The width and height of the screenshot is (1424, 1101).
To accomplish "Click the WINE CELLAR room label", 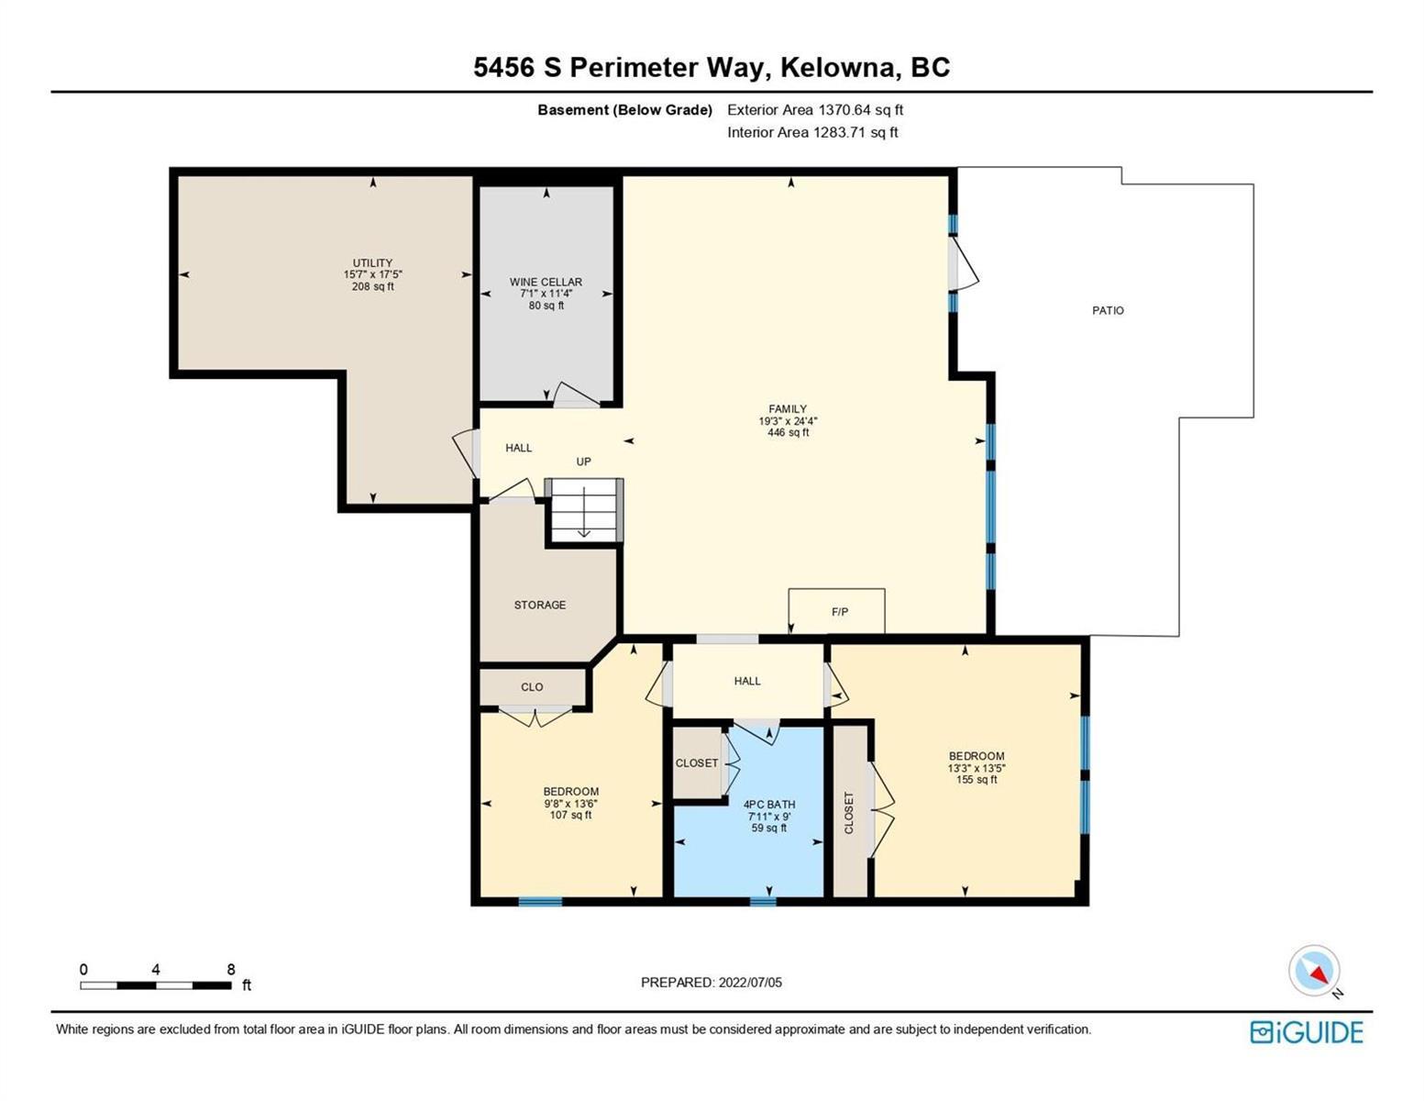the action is tap(546, 282).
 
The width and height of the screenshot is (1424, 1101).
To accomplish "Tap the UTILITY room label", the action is tap(373, 263).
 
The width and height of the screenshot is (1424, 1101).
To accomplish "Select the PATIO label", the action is tap(1108, 311).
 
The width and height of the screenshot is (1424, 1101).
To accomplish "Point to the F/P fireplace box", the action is tap(836, 611).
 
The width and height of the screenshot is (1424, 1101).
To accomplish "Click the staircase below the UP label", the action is tap(584, 510).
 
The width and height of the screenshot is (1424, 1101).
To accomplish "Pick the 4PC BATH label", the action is tap(769, 805).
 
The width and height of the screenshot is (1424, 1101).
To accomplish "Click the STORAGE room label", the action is tap(540, 606).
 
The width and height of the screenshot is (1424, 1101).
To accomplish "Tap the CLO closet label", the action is tap(532, 687).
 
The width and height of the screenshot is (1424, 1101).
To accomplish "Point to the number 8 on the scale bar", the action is tap(231, 969).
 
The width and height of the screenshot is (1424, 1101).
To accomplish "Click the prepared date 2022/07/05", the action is tap(750, 983).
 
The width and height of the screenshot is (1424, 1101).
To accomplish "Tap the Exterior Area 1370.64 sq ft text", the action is tap(815, 110).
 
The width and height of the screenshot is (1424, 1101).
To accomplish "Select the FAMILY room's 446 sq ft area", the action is tap(789, 433).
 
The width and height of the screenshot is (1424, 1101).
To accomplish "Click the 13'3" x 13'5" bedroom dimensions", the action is tap(977, 768).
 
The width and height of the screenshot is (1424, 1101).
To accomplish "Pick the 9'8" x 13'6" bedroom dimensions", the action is tap(570, 804).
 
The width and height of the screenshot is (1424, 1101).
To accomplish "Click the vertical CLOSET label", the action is tap(849, 813).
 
